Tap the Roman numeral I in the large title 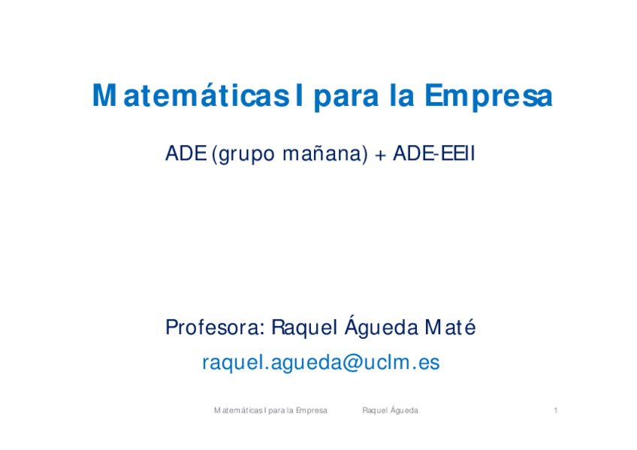pos(300,97)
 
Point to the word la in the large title pos(402,97)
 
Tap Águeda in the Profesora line pos(382,328)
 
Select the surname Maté pos(450,328)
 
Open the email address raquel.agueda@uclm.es pos(321,364)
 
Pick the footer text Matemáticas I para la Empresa pos(270,410)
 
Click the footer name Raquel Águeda pos(390,410)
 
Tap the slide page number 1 pos(555,410)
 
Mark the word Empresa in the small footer pos(311,410)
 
